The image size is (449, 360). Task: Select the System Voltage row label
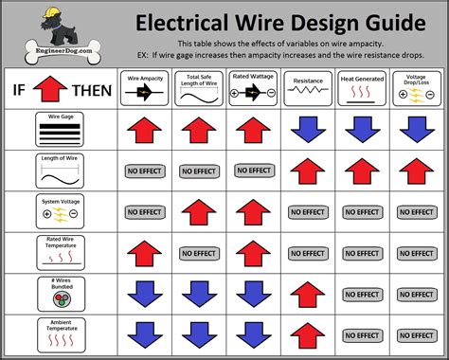click(x=58, y=211)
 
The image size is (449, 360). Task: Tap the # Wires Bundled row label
click(x=58, y=294)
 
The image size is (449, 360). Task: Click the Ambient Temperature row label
click(x=58, y=333)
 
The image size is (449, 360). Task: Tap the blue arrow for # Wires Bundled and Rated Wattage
click(x=253, y=294)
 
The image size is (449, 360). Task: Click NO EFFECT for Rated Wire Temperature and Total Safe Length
click(x=199, y=253)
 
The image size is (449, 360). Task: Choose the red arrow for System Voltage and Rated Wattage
click(x=253, y=212)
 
